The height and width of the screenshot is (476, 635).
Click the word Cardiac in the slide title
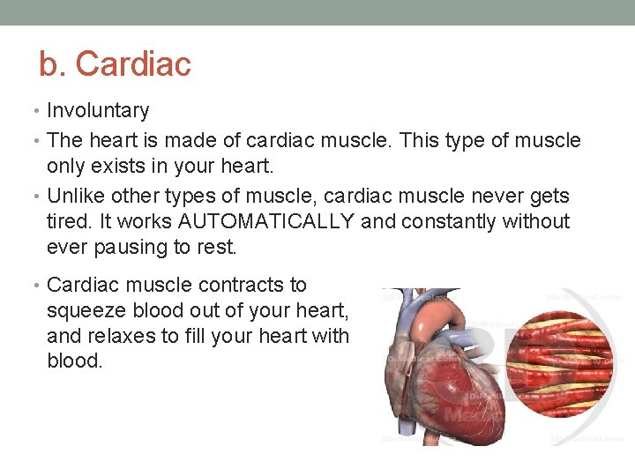point(133,64)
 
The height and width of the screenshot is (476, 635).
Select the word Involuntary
point(98,110)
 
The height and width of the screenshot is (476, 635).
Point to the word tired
point(66,221)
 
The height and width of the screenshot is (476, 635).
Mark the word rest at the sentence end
point(217,248)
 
